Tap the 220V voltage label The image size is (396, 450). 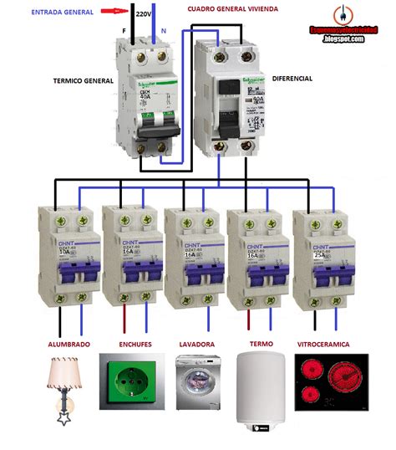point(143,14)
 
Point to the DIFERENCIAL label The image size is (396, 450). point(292,78)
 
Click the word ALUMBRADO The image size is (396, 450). point(67,344)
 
